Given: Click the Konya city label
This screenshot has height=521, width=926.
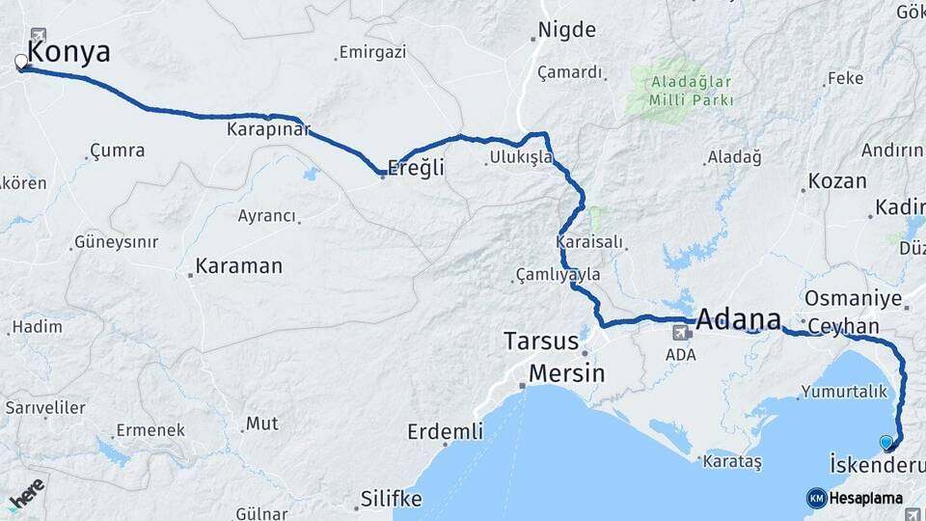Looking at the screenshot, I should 69,51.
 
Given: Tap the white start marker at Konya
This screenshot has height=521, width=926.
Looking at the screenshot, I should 21,64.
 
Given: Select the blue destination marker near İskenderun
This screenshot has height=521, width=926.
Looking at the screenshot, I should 886,443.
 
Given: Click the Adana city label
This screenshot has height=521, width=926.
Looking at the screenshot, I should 738,319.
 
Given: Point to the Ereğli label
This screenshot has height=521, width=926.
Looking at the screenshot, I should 417,168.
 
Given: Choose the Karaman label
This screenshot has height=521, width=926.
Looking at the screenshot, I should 238,265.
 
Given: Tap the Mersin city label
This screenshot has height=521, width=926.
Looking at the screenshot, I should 566,373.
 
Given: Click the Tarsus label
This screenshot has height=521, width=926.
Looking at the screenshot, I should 541,342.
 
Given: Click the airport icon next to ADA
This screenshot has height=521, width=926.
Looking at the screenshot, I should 682,333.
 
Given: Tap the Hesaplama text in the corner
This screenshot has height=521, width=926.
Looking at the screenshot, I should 865,498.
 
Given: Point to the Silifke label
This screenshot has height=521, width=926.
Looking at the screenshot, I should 391,499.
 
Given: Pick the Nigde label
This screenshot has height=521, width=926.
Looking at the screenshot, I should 567,30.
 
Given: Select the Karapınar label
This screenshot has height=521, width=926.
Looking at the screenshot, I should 269,128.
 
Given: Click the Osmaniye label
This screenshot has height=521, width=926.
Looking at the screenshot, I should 853,298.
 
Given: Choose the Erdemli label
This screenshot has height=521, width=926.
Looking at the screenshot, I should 445,432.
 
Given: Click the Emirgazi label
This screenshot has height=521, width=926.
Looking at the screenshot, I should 372,53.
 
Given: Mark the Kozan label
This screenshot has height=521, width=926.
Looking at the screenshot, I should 837,181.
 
